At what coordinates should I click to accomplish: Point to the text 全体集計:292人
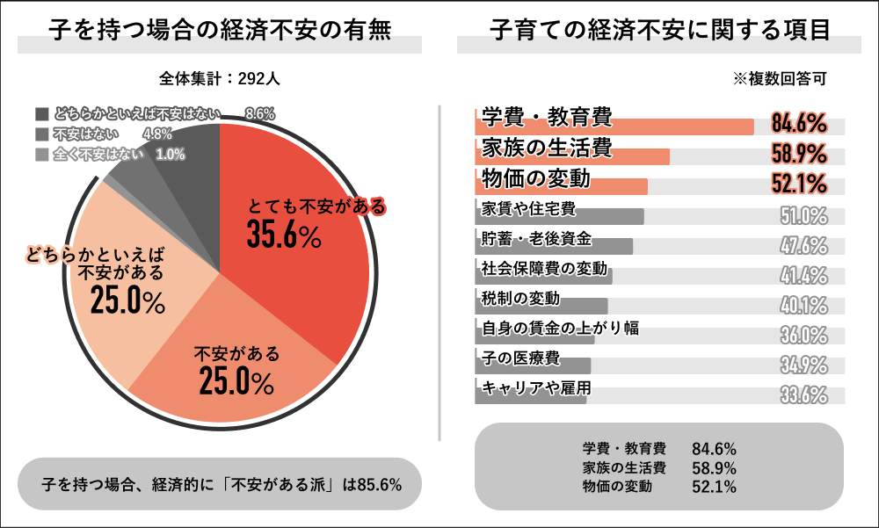(x=220, y=78)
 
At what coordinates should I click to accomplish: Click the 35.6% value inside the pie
(x=283, y=235)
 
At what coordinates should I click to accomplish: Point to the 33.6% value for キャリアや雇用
(x=803, y=394)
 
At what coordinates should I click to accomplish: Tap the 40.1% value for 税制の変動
(x=803, y=305)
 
